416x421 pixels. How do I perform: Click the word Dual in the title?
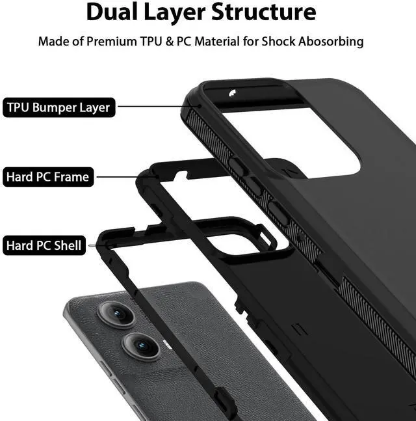(114, 12)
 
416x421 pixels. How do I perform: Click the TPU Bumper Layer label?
(58, 107)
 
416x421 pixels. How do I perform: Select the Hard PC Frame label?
(48, 177)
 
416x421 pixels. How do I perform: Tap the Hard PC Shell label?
(45, 246)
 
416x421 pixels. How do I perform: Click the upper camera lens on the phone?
(116, 314)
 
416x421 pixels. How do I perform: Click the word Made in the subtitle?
(53, 42)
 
